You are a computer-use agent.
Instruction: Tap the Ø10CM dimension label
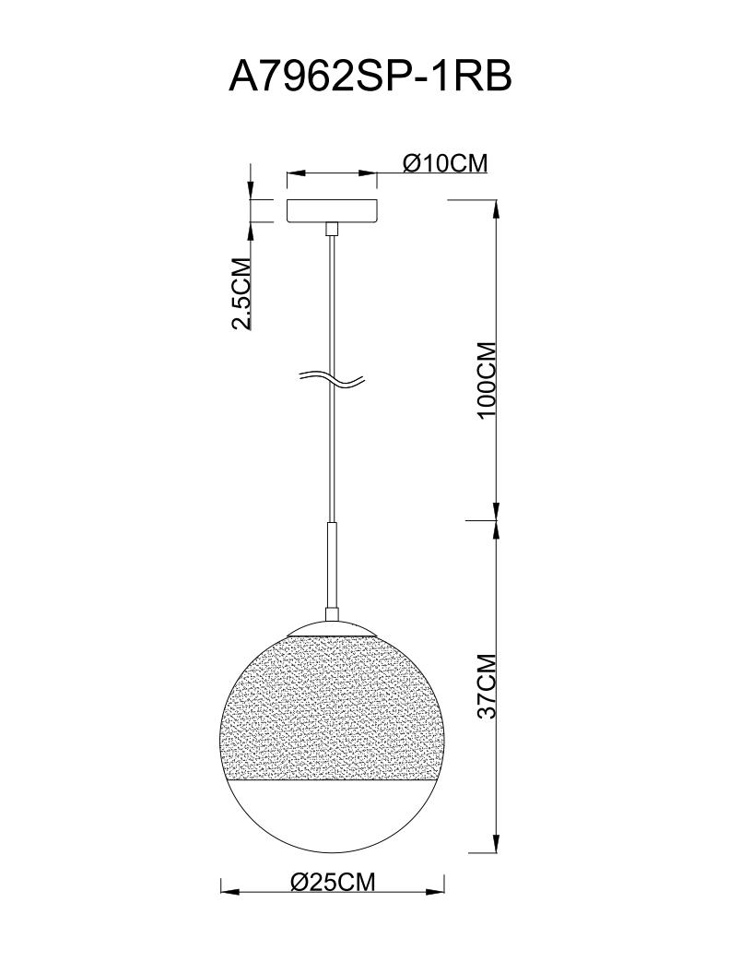(x=445, y=162)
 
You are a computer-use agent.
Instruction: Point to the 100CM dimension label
(x=488, y=379)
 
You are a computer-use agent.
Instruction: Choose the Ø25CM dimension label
(x=334, y=881)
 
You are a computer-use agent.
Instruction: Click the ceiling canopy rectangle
(x=332, y=211)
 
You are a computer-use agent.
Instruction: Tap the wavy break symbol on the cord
(x=331, y=379)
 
